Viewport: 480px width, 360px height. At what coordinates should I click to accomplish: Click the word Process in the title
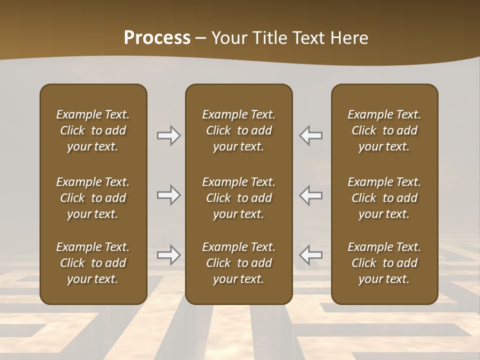pyautogui.click(x=157, y=38)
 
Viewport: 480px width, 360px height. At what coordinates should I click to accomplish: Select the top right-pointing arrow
pyautogui.click(x=168, y=135)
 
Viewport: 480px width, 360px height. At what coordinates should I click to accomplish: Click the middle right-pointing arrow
pyautogui.click(x=168, y=195)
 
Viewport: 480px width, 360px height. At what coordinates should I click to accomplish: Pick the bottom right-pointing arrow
pyautogui.click(x=168, y=255)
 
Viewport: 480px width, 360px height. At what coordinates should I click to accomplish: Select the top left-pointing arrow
pyautogui.click(x=311, y=135)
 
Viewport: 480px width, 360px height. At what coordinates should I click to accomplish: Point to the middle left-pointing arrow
pyautogui.click(x=311, y=195)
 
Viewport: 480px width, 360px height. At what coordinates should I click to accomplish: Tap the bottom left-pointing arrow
pyautogui.click(x=311, y=255)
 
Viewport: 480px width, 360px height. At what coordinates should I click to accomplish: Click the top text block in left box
pyautogui.click(x=93, y=130)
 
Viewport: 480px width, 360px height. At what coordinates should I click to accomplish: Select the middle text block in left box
pyautogui.click(x=93, y=198)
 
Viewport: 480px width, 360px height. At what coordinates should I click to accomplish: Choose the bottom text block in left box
pyautogui.click(x=93, y=263)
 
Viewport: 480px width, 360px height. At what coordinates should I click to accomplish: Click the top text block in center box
pyautogui.click(x=239, y=130)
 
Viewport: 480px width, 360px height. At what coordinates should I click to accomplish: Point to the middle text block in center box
pyautogui.click(x=239, y=198)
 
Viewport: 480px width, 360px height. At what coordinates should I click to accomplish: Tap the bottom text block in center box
pyautogui.click(x=239, y=263)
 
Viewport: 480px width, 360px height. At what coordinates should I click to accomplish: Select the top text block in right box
pyautogui.click(x=384, y=130)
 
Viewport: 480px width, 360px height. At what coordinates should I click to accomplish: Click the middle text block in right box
pyautogui.click(x=384, y=198)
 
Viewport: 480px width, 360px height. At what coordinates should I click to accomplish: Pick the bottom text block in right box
pyautogui.click(x=384, y=263)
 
